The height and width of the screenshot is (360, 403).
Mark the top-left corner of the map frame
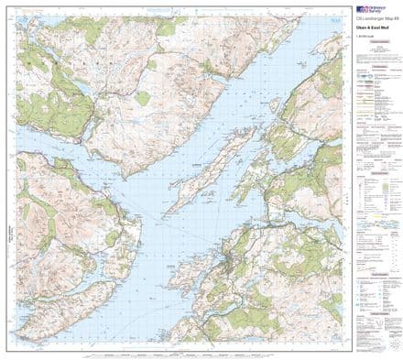[16, 16]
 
